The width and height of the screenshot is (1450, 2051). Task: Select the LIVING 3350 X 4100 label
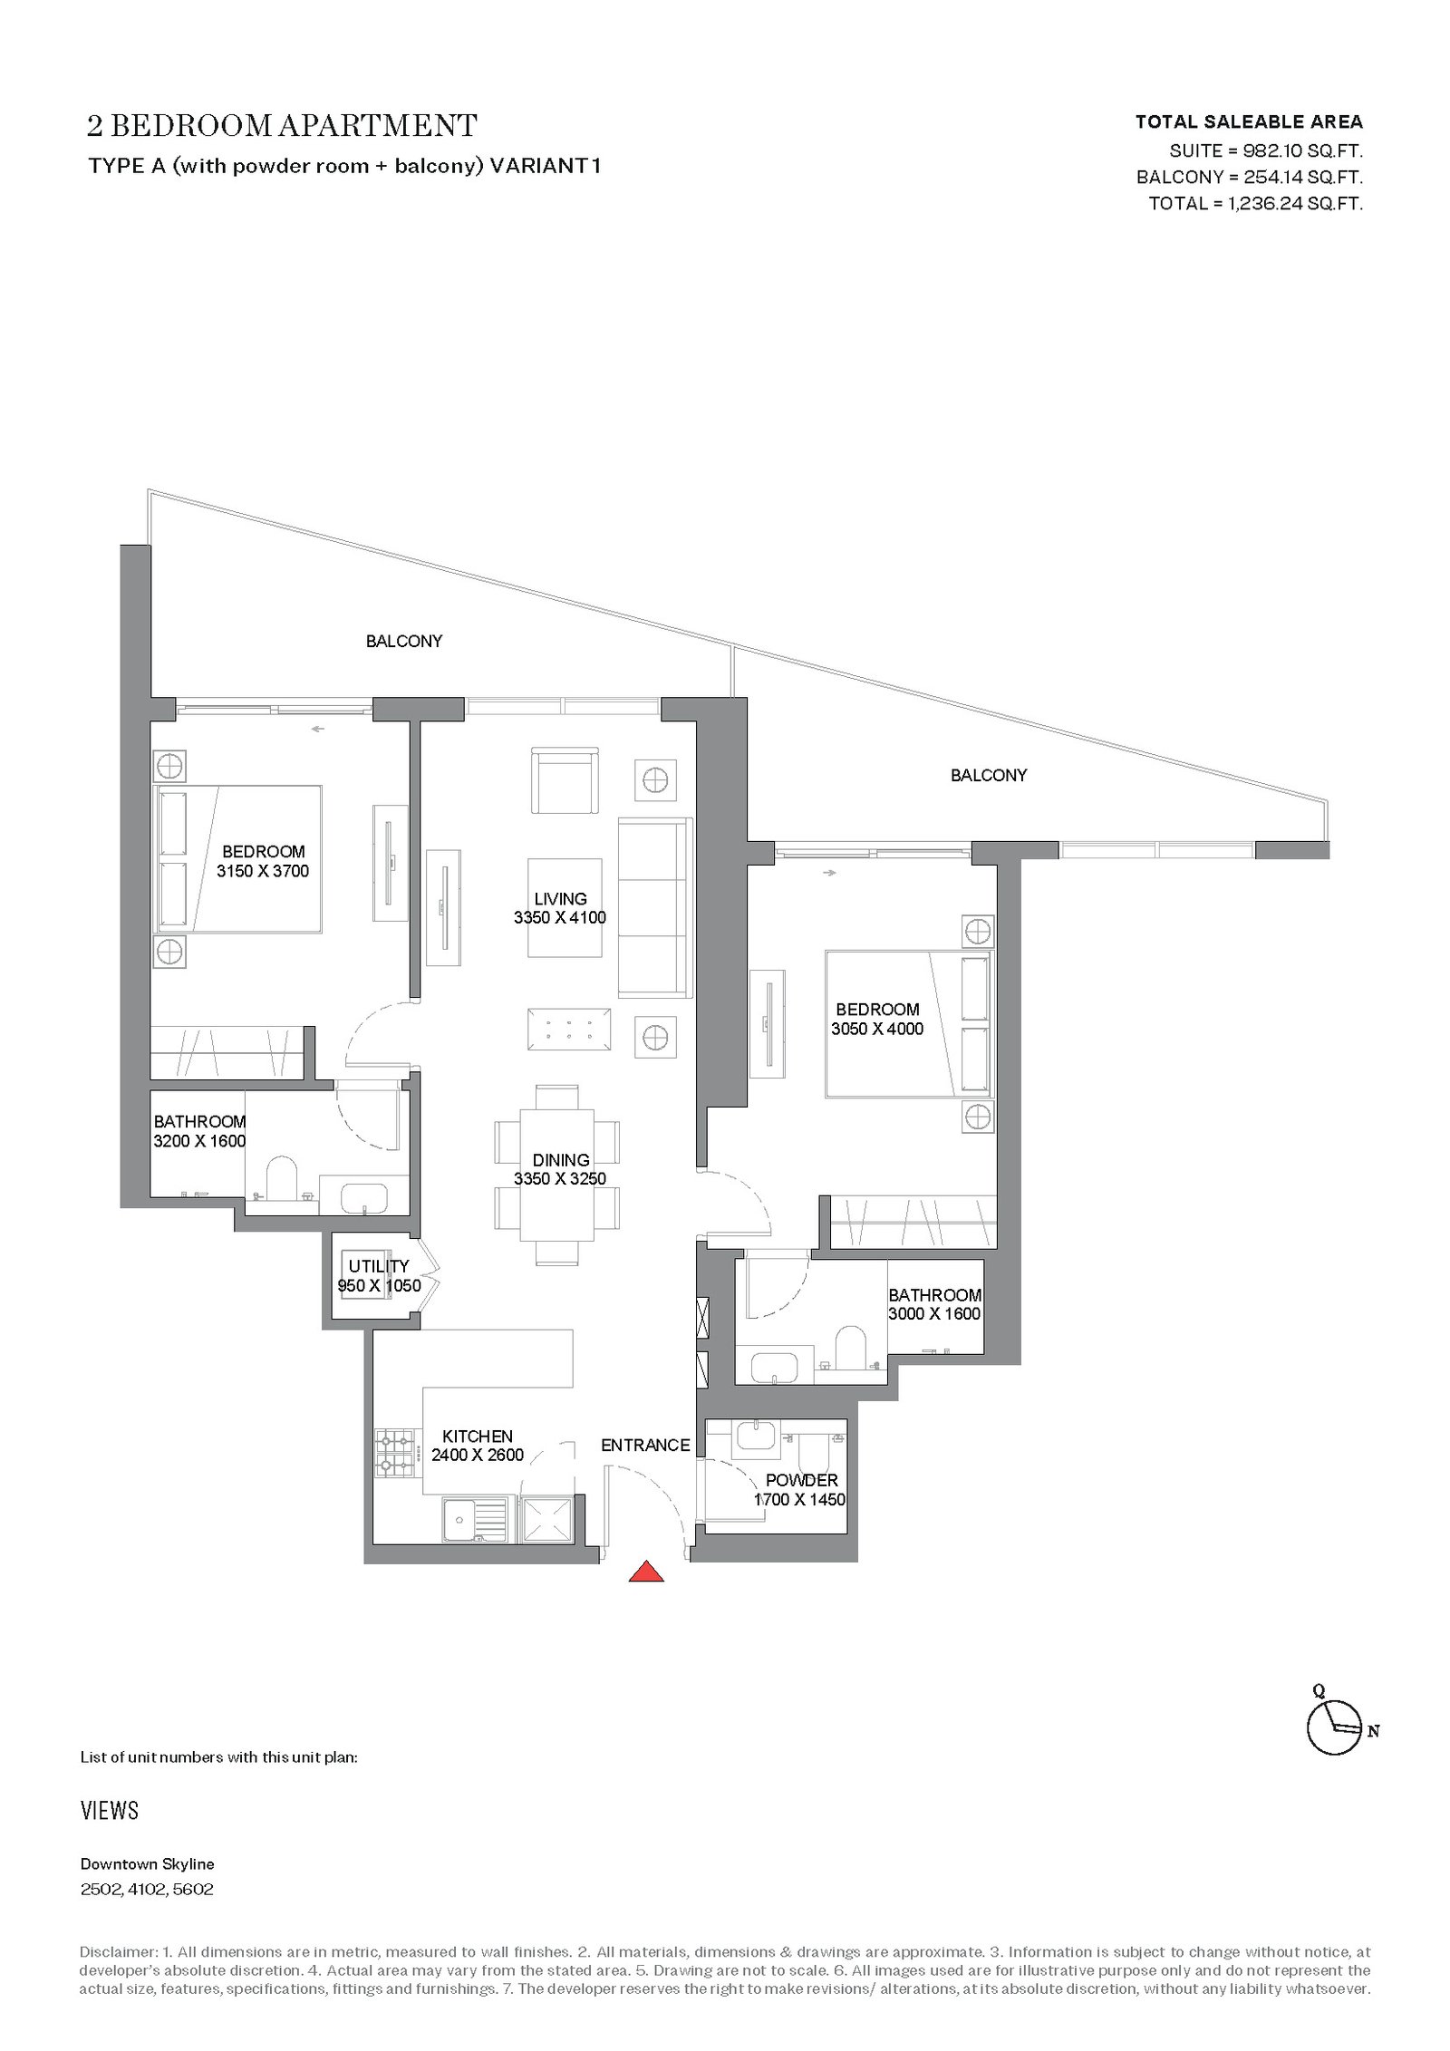[560, 908]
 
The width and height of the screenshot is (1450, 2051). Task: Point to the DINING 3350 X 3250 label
[560, 1169]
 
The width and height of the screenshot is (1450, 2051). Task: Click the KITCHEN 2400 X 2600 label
[478, 1446]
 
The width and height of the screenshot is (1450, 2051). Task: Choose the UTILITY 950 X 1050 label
[379, 1275]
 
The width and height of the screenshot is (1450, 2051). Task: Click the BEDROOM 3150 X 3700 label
[263, 861]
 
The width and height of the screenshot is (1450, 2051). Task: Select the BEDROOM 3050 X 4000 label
[877, 1019]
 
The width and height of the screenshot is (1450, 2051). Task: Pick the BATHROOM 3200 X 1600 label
[199, 1131]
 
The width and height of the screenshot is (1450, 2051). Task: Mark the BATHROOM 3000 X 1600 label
[934, 1304]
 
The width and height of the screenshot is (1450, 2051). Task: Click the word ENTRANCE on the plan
[645, 1445]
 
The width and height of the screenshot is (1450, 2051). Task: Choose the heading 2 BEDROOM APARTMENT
[282, 125]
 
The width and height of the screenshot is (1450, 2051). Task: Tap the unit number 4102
[148, 1890]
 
